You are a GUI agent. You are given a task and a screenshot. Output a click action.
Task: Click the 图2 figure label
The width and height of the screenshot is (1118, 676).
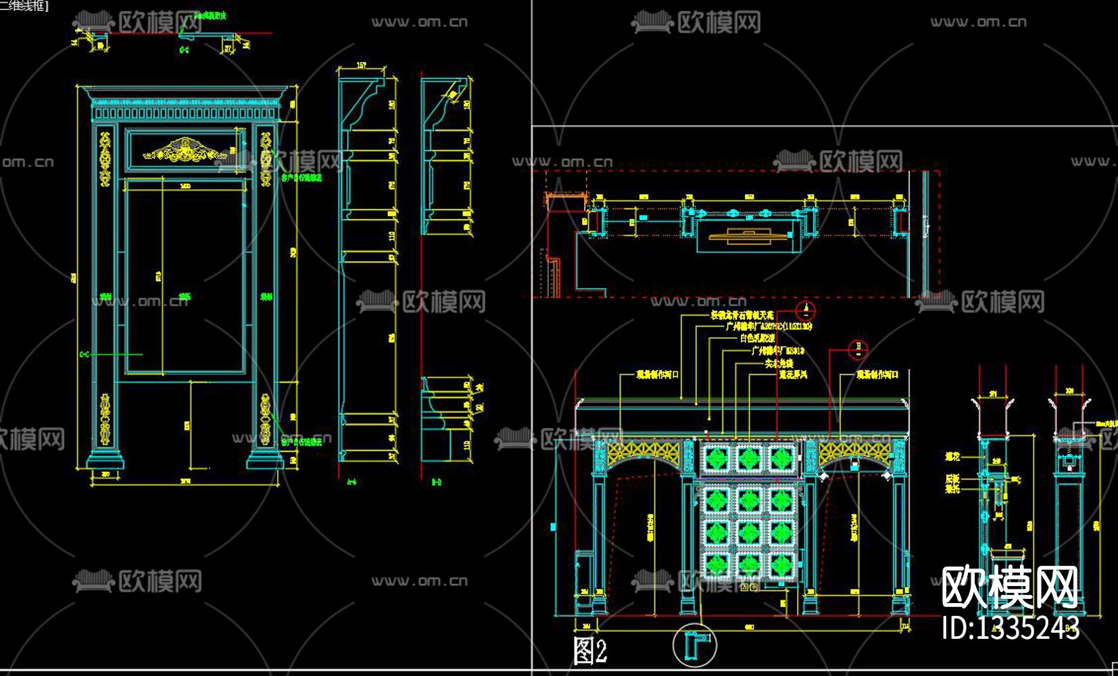(x=589, y=651)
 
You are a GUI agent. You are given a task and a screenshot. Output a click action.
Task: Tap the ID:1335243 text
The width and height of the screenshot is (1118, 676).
(x=1010, y=628)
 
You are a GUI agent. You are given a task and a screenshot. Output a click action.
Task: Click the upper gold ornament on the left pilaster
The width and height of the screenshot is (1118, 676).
(x=105, y=159)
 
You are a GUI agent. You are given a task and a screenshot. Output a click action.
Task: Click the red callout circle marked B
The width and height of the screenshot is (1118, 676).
(x=858, y=349)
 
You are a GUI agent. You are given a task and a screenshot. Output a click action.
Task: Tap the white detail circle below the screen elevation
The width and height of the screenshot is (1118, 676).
(x=695, y=646)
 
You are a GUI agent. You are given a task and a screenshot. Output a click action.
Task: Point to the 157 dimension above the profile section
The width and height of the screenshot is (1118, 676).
(x=361, y=66)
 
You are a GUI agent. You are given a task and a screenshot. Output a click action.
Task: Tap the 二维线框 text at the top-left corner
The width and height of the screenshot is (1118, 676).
(x=20, y=5)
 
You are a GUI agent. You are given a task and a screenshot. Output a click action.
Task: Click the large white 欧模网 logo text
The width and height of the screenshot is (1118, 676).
(x=1010, y=587)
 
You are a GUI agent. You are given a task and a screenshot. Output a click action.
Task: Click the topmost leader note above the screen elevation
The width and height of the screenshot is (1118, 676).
(x=741, y=315)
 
